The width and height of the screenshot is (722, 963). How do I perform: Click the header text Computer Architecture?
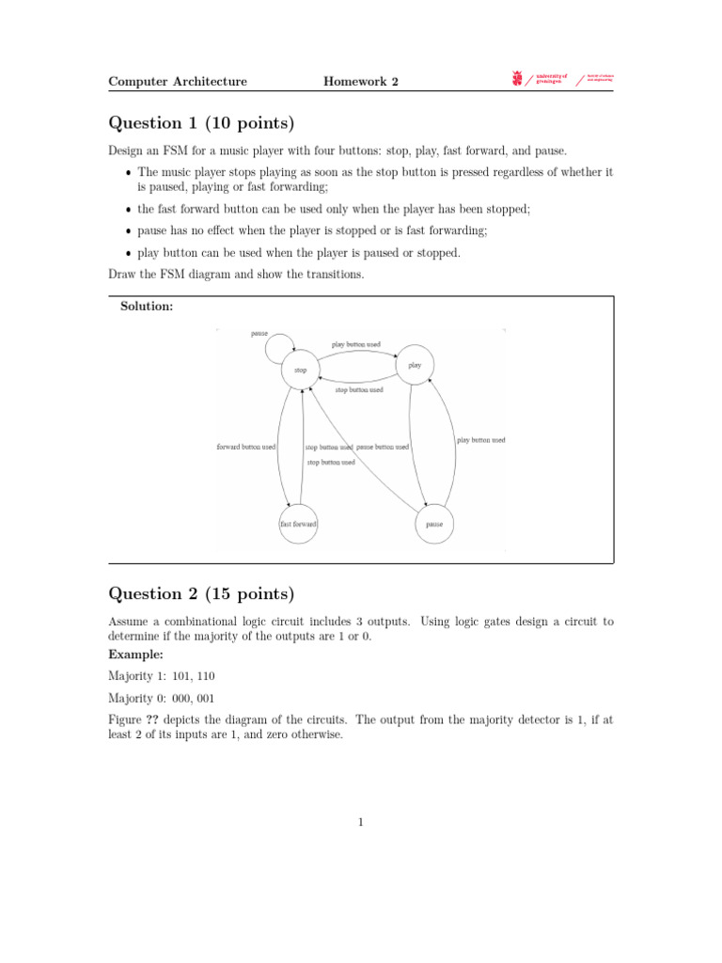click(x=178, y=82)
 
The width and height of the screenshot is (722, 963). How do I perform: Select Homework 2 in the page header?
click(x=361, y=82)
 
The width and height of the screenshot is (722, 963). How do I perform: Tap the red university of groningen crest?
click(x=516, y=79)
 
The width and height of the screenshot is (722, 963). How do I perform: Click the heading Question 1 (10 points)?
click(x=201, y=123)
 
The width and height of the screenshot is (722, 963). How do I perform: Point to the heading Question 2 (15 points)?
click(x=201, y=593)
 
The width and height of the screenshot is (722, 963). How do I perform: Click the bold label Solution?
click(x=147, y=308)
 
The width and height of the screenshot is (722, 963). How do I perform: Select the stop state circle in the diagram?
click(x=301, y=371)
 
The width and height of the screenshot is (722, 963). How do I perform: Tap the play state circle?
click(x=415, y=365)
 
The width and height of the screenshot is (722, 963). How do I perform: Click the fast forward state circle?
click(x=298, y=523)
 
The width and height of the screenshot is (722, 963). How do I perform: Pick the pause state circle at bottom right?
click(x=434, y=523)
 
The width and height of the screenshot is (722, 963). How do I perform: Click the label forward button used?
click(x=246, y=447)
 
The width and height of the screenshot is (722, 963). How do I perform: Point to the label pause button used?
click(x=383, y=447)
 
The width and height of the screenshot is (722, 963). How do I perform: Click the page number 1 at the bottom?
click(x=361, y=823)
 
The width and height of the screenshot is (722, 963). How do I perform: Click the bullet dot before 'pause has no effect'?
click(x=128, y=231)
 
